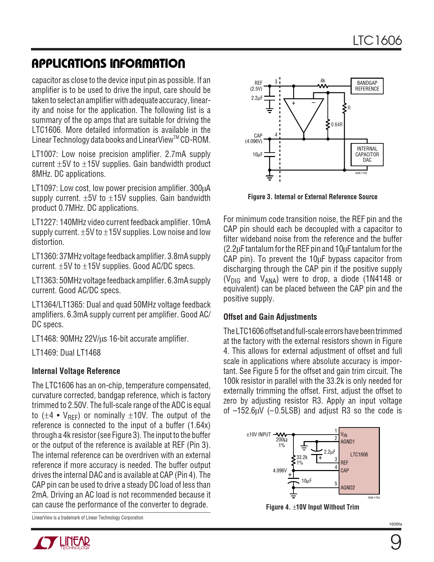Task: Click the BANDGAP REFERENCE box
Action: point(367,86)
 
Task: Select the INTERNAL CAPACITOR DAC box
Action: point(367,154)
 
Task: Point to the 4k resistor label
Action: point(323,81)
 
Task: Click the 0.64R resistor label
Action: point(337,125)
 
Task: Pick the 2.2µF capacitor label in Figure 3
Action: point(257,98)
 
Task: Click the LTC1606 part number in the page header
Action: point(377,41)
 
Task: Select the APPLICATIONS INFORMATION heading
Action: point(108,64)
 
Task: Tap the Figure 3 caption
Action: point(312,197)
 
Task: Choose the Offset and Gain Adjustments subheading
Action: point(270,317)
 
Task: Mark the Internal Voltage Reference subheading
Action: point(76,371)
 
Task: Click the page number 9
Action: point(396,543)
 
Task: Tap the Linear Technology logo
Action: point(61,543)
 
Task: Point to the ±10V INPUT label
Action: point(258,435)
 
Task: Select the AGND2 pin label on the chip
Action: point(348,487)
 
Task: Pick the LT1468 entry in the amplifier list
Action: point(110,339)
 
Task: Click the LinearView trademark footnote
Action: point(87,517)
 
